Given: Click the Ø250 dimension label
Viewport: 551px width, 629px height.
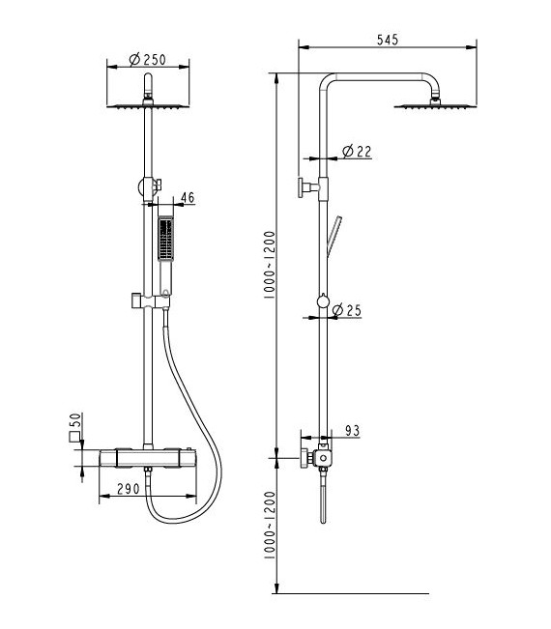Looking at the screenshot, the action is pyautogui.click(x=147, y=59).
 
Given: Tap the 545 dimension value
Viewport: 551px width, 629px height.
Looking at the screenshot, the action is pyautogui.click(x=388, y=40).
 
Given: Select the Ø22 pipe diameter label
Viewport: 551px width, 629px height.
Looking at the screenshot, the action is pyautogui.click(x=357, y=152).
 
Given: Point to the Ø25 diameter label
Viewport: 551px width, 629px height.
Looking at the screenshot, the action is pyautogui.click(x=347, y=310).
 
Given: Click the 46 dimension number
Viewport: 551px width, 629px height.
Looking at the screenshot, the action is pyautogui.click(x=188, y=197).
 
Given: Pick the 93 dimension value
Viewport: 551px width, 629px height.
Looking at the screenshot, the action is pyautogui.click(x=353, y=430).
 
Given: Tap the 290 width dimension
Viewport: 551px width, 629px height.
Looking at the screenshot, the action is pyautogui.click(x=128, y=489).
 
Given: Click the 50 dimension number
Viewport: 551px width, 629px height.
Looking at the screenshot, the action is pyautogui.click(x=75, y=420).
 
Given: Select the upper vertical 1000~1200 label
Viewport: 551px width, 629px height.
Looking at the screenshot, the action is pyautogui.click(x=270, y=265).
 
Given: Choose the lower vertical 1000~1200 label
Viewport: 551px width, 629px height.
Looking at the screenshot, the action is pyautogui.click(x=270, y=525).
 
